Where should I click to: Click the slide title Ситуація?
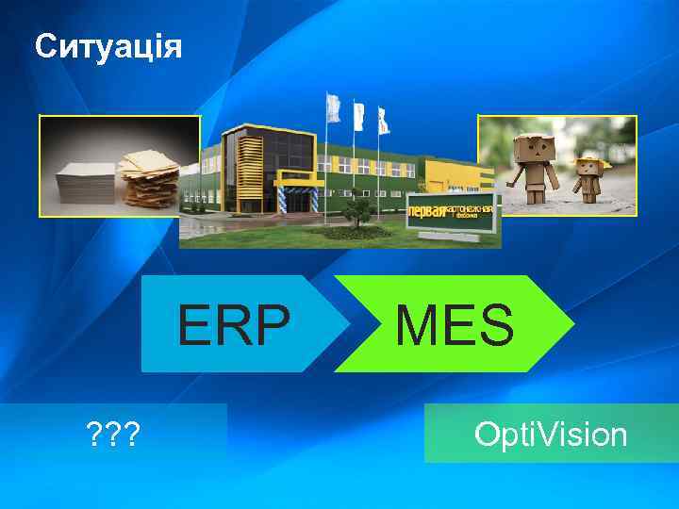108,46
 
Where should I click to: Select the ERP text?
235,324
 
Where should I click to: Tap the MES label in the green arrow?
455,324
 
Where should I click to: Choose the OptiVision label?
551,435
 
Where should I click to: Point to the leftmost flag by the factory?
333,107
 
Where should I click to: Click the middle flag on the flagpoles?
358,115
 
